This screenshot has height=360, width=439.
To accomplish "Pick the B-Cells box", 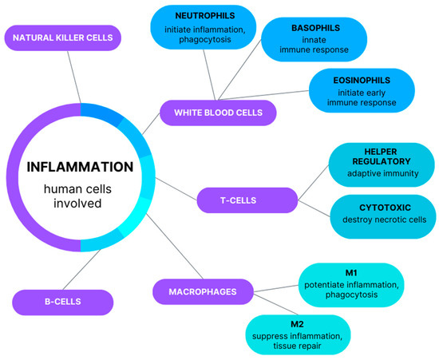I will coord(61,301).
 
